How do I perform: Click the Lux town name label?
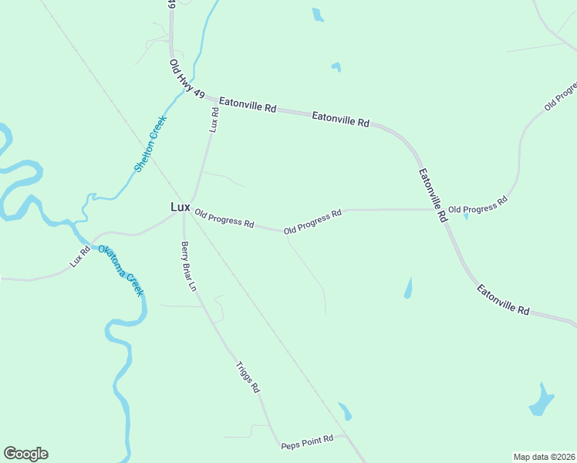pos(180,207)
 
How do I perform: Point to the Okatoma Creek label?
pos(121,270)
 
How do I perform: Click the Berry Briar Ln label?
pos(190,267)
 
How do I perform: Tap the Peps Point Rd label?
pos(307,442)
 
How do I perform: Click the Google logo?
pos(25,454)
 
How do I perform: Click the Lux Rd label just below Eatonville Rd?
pos(214,119)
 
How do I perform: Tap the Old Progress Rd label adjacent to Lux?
pos(224,219)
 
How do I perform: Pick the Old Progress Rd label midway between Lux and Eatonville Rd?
pos(312,221)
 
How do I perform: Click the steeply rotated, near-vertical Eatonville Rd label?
pos(433,196)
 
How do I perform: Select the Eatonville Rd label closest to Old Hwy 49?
pos(247,104)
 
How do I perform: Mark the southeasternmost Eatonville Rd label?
pos(503,300)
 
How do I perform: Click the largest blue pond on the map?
pos(542,400)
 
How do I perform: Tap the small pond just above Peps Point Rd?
pos(344,411)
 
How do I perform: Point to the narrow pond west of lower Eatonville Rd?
pos(407,289)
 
